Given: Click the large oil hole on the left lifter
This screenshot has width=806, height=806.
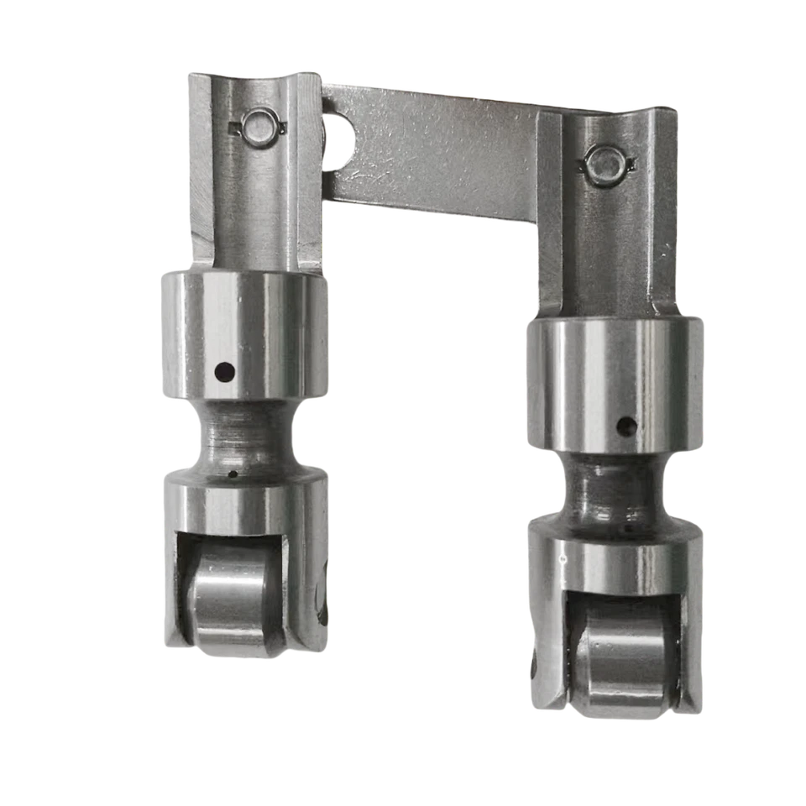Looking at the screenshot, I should coord(224,369).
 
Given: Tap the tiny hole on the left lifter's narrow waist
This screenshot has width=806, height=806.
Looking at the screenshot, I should coord(233,474).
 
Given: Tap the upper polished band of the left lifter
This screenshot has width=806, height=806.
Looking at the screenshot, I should coord(243,336).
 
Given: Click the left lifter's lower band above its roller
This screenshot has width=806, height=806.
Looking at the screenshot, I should coord(243,504).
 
